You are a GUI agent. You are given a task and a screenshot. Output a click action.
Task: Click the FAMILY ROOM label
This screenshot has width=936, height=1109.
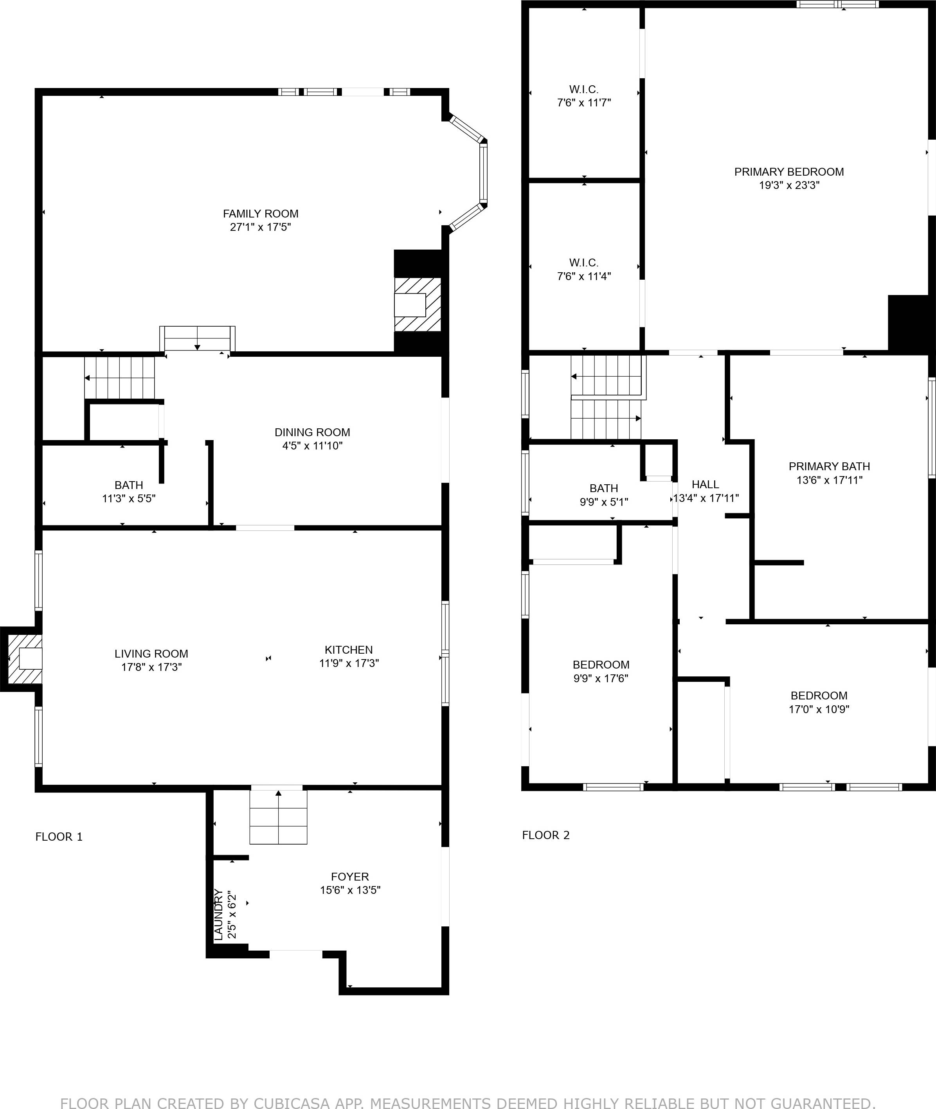[x=261, y=214]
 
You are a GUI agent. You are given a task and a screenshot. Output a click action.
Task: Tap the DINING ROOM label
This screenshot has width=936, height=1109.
[x=312, y=432]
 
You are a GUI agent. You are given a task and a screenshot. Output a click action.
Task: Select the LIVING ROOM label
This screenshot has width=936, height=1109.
[x=151, y=654]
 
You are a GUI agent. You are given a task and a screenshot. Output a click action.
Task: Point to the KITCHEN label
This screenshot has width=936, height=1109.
[x=349, y=650]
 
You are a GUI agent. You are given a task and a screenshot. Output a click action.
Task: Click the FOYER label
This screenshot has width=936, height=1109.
[x=350, y=877]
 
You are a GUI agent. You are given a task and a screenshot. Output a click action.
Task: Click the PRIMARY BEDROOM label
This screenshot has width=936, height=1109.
[x=789, y=172]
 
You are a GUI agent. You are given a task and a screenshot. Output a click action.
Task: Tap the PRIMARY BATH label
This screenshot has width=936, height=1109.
[x=829, y=466]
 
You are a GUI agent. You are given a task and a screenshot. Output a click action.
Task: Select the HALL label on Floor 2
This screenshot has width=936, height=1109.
[x=705, y=484]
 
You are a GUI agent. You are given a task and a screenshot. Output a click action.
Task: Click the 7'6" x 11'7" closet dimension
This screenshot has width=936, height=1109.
[x=584, y=103]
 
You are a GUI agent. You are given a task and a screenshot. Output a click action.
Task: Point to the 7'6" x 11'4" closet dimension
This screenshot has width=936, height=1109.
[x=584, y=276]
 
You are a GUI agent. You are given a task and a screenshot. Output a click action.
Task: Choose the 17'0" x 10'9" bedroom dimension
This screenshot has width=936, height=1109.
[x=819, y=709]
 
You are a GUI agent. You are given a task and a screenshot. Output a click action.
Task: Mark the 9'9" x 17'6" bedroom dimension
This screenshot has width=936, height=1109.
[x=601, y=678]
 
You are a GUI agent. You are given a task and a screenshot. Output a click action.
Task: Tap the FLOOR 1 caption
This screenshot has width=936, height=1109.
[x=59, y=837]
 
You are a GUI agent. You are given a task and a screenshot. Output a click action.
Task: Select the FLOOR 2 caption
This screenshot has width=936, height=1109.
[x=545, y=835]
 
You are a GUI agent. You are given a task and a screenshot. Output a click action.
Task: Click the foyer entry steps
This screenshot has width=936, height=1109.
[x=279, y=817]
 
